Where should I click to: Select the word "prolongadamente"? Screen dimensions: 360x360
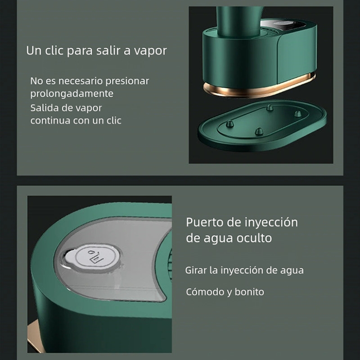point(72,94)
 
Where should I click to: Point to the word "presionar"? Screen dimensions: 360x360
point(127,81)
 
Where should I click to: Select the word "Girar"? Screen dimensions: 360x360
point(197,270)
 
